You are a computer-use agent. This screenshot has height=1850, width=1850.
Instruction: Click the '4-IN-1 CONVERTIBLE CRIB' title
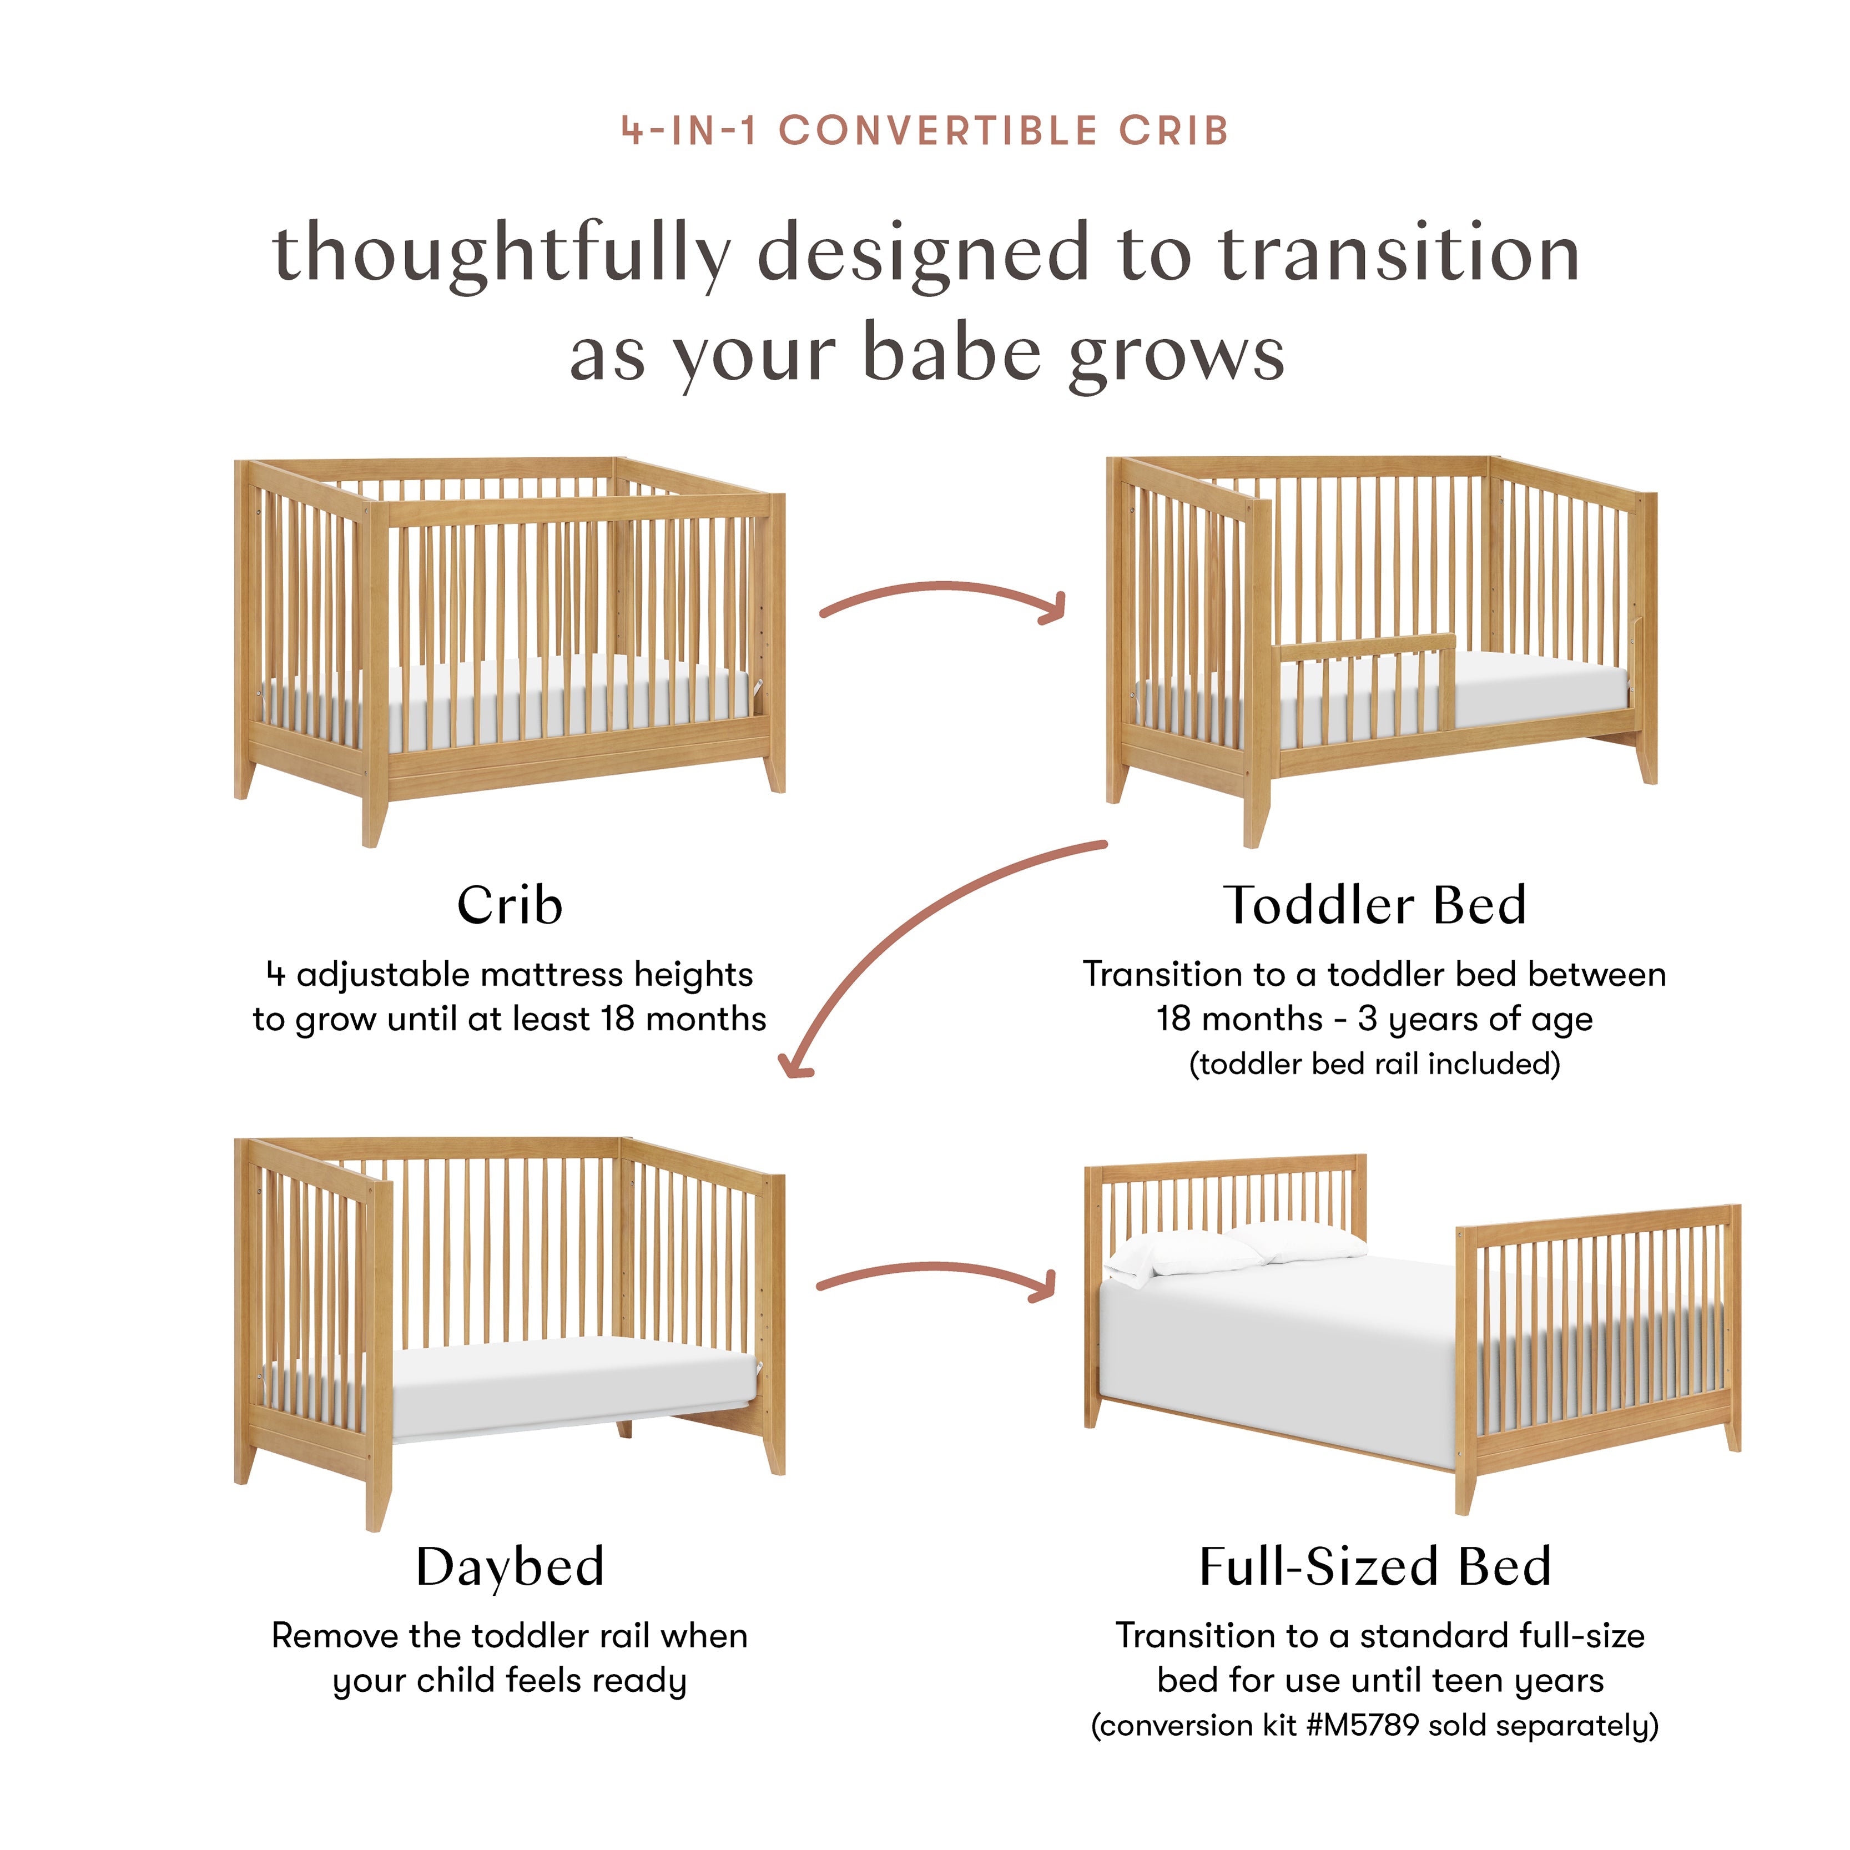(925, 131)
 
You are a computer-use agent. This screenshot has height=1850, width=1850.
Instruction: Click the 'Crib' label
(510, 906)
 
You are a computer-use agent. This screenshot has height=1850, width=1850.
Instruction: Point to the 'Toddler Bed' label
(1374, 906)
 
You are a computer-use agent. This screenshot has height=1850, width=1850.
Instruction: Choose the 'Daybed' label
(510, 1566)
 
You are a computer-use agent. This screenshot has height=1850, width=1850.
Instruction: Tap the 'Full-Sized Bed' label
(1374, 1566)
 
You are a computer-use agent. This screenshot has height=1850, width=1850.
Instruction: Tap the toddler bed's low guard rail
(1364, 651)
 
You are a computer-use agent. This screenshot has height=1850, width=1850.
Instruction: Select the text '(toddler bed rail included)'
(1374, 1064)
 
